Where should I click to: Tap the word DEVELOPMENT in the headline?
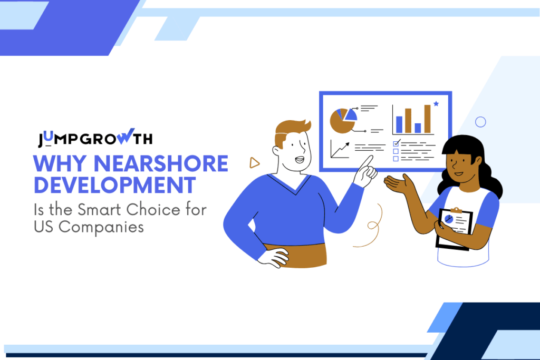pyautogui.click(x=114, y=185)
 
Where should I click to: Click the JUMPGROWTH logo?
pyautogui.click(x=95, y=139)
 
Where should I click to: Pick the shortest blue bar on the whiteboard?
pyautogui.click(x=418, y=128)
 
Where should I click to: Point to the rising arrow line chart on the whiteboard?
pyautogui.click(x=340, y=149)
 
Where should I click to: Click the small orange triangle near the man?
pyautogui.click(x=255, y=163)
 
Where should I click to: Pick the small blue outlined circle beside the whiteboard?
pyautogui.click(x=480, y=122)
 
